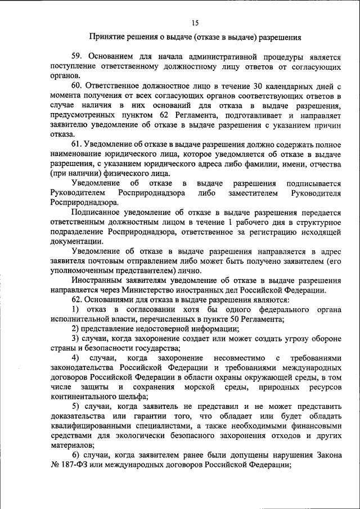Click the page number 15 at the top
[x=195, y=22]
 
